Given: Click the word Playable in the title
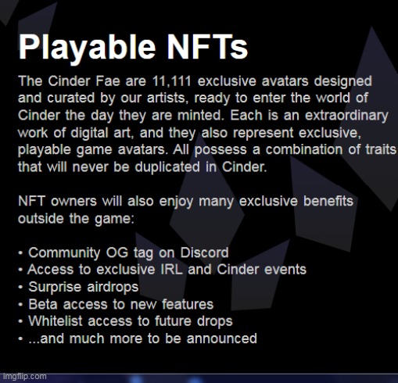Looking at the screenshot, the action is click(x=88, y=48).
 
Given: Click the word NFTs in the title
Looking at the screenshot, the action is click(x=207, y=47).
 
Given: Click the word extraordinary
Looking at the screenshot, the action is click(x=346, y=116).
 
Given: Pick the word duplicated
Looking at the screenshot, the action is click(x=167, y=167).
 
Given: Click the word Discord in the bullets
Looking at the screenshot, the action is click(x=204, y=252).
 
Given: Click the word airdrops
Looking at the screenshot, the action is click(x=113, y=287).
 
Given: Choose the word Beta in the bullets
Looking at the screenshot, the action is click(x=43, y=304).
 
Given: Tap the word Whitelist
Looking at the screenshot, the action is click(x=56, y=321).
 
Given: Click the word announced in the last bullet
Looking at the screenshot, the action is click(x=222, y=338).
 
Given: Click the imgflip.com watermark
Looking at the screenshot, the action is click(x=24, y=377).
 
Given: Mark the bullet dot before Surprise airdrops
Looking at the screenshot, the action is click(x=20, y=288).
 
